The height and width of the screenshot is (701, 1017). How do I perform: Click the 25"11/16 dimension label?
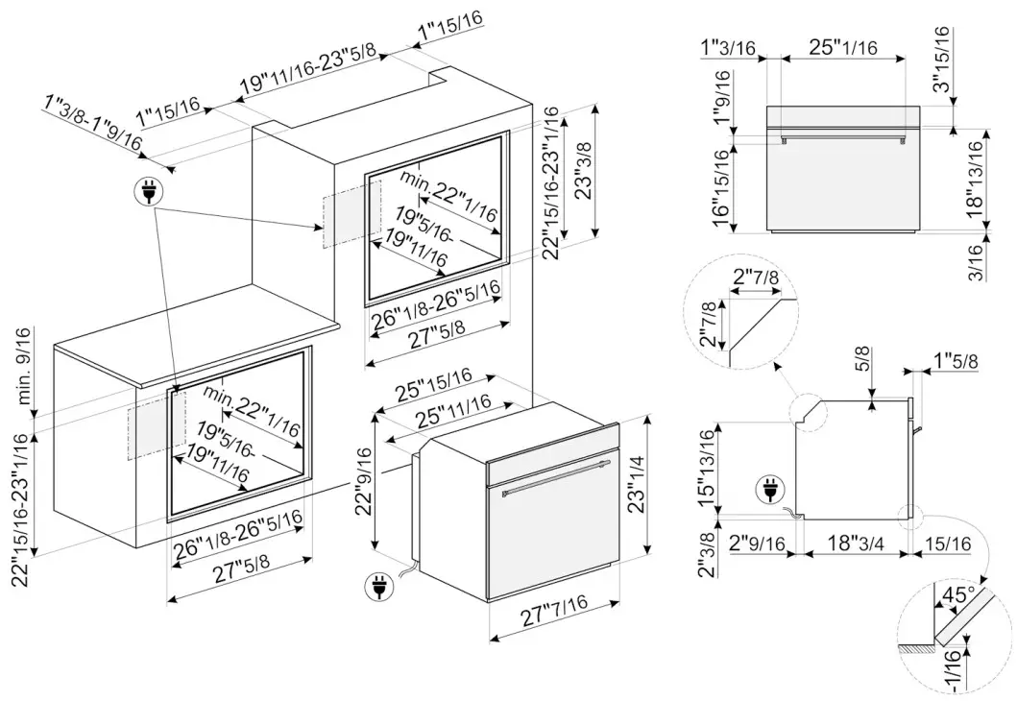pyautogui.click(x=442, y=414)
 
